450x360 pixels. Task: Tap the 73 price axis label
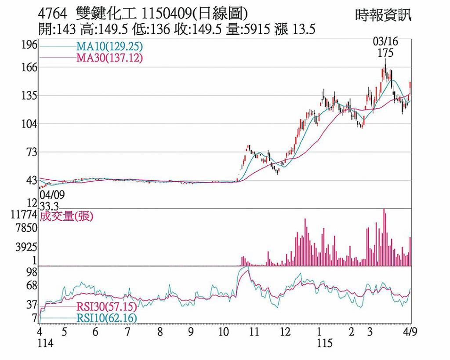click(x=31, y=153)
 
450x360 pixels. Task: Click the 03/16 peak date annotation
click(x=385, y=42)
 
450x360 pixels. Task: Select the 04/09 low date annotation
click(x=50, y=194)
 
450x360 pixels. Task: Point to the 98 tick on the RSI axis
click(x=31, y=273)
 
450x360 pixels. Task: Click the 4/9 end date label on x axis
click(x=410, y=331)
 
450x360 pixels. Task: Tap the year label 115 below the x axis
click(x=325, y=343)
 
